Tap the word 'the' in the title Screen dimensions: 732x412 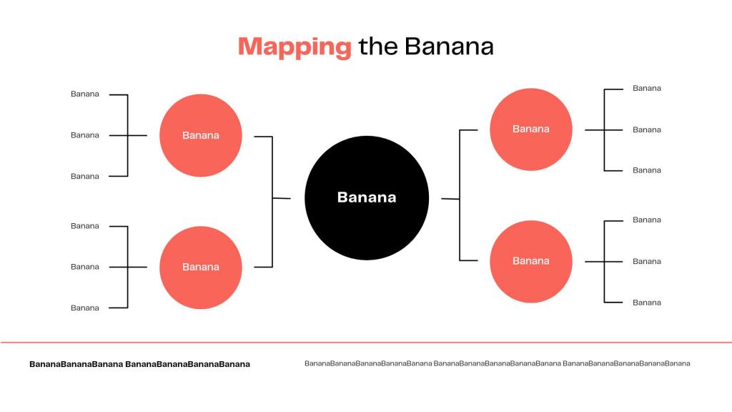378,46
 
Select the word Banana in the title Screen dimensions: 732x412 449,46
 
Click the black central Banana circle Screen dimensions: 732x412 367,197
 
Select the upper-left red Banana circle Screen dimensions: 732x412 201,135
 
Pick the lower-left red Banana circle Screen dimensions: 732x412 201,268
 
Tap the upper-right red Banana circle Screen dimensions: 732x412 531,129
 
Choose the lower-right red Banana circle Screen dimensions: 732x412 531,261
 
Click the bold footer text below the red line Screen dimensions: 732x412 139,364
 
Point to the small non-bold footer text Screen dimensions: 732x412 498,363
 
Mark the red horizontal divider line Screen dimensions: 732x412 366,343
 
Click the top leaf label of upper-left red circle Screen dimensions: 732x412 85,94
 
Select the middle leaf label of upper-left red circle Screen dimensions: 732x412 85,135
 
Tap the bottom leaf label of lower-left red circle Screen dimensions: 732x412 85,308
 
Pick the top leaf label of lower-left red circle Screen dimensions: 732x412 85,225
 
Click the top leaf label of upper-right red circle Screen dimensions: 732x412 646,88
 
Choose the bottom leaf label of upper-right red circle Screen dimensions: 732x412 646,170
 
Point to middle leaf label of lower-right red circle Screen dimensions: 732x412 646,262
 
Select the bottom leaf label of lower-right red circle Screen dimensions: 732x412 646,303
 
